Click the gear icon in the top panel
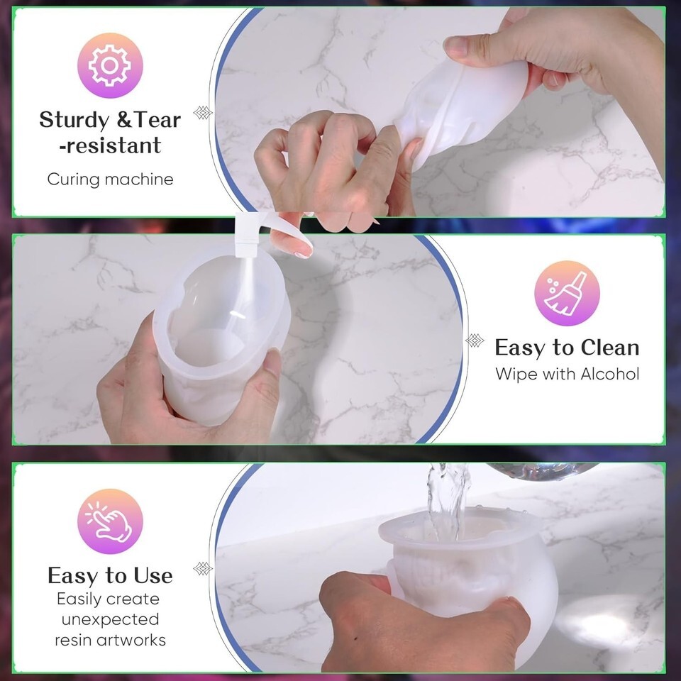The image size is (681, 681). tap(110, 65)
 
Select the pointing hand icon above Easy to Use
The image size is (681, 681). tap(109, 521)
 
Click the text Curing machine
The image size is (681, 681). tap(111, 179)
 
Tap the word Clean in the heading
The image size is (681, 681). tap(609, 348)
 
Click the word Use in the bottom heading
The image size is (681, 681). tap(153, 576)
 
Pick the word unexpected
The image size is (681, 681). tap(111, 620)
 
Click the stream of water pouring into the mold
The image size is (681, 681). tap(448, 499)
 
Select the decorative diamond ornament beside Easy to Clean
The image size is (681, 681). tap(475, 340)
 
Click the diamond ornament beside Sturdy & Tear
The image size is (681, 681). tap(202, 113)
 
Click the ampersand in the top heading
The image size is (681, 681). tap(123, 121)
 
